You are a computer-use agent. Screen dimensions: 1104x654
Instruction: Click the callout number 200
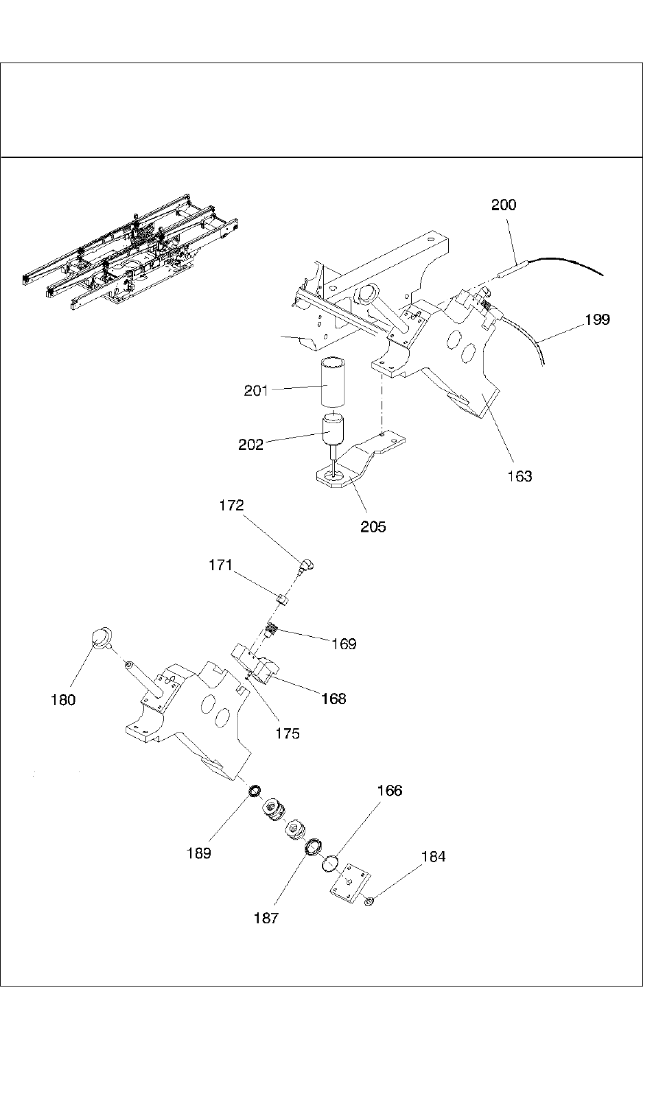504,205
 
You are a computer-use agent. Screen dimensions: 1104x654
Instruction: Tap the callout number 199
597,319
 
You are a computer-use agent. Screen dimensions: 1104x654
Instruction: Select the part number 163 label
519,476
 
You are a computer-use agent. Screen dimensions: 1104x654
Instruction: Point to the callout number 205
373,527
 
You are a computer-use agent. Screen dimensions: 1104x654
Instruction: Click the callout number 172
231,506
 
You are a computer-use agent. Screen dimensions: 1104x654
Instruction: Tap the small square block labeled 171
283,600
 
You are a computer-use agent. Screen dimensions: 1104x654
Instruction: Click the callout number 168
334,699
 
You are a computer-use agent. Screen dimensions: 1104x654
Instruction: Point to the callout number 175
288,734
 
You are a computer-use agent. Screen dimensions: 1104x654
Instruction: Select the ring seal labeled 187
314,846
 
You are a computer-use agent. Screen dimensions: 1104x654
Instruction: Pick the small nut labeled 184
369,901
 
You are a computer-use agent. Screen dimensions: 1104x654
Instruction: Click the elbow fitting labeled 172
304,566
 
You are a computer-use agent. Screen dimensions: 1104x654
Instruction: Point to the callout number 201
256,391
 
